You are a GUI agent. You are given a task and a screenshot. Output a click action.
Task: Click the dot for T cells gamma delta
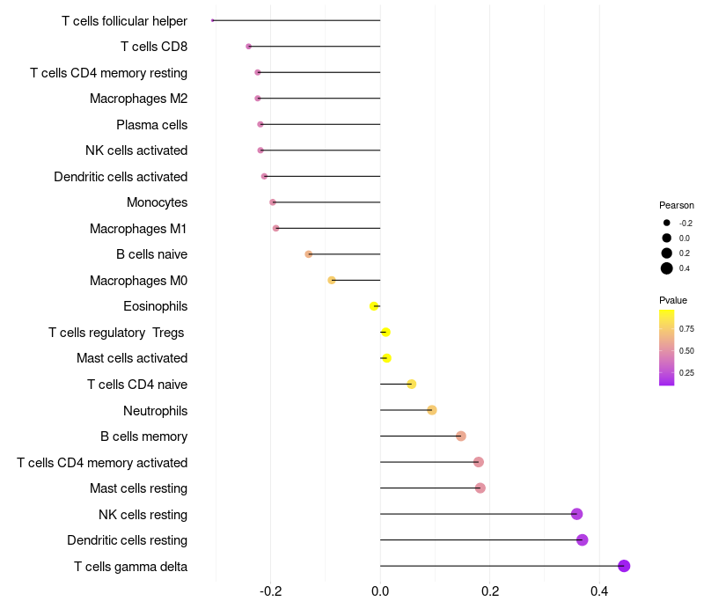[x=624, y=566]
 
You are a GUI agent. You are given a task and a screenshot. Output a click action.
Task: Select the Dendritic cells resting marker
[x=582, y=540]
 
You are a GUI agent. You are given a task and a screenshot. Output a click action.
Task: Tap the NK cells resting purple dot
[x=576, y=514]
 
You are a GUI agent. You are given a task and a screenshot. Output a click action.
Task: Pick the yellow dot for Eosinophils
[x=374, y=306]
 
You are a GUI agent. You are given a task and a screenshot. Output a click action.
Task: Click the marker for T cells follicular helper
[x=213, y=20]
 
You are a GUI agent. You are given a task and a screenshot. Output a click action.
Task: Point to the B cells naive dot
[x=308, y=254]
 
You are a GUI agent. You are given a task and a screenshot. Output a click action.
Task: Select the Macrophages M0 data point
[x=332, y=281]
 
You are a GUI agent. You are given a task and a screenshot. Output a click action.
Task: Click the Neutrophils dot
[x=431, y=410]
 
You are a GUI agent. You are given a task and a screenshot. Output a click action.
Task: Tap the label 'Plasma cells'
[x=151, y=125]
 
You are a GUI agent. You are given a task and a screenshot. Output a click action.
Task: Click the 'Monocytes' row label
[x=157, y=202]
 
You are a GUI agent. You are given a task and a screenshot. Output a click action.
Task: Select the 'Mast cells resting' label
[x=138, y=488]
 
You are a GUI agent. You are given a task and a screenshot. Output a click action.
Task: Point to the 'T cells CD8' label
[x=153, y=47]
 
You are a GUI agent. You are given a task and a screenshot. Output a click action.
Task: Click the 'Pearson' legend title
[x=677, y=205]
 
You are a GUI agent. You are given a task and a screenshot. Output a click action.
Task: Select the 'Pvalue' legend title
[x=673, y=300]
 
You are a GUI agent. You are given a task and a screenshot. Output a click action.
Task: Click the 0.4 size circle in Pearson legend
[x=667, y=268]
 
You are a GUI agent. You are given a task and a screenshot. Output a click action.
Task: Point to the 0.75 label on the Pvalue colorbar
[x=686, y=329]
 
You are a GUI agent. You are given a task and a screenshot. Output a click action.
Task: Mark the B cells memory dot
[x=461, y=436]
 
